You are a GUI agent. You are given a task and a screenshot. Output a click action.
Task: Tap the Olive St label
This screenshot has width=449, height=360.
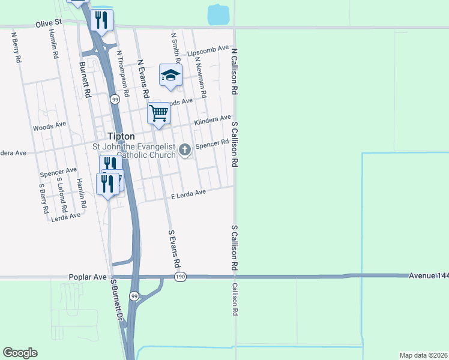[x=49, y=23]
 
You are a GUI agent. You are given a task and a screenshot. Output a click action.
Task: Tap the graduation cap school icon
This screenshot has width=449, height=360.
[x=170, y=76]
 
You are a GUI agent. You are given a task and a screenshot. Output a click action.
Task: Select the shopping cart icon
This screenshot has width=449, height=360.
[x=158, y=113]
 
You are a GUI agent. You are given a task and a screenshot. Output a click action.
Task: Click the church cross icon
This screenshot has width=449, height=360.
[x=185, y=149]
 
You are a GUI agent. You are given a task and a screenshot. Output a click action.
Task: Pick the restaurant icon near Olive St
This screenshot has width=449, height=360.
[x=101, y=20]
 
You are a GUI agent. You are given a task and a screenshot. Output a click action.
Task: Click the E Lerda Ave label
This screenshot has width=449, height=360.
[x=188, y=194]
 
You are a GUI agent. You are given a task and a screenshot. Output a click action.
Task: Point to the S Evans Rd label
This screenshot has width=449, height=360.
[x=174, y=248]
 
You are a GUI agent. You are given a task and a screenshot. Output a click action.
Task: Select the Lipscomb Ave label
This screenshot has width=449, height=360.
[x=208, y=51]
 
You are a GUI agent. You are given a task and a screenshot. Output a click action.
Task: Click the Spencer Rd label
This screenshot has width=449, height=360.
[x=212, y=144]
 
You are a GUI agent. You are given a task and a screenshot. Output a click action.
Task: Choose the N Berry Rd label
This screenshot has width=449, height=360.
[x=16, y=47]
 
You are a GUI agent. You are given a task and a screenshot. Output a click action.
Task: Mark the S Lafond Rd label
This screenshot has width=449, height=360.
[x=61, y=196]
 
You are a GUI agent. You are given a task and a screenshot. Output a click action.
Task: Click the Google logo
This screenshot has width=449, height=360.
[x=20, y=353]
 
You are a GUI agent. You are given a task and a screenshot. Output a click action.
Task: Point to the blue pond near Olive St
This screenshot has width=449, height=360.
[x=218, y=14]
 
